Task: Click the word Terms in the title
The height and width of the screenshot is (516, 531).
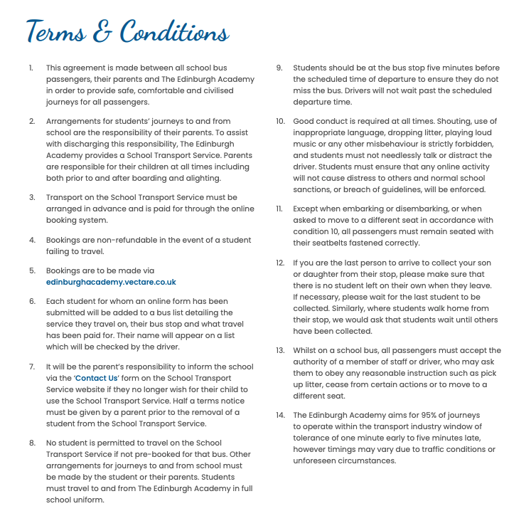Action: click(60, 32)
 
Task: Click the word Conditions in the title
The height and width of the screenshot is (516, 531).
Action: click(174, 32)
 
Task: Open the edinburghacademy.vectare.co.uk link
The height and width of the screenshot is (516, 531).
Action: click(111, 282)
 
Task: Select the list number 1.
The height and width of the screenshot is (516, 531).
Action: click(31, 68)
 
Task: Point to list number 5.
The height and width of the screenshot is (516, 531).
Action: click(31, 270)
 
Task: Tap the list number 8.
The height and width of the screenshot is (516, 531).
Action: click(31, 443)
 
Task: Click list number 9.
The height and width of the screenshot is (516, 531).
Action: click(279, 68)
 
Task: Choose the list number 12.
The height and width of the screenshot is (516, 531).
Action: click(280, 263)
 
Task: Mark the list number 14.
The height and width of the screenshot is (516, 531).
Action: click(280, 415)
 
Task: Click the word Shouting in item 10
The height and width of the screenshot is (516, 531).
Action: click(459, 122)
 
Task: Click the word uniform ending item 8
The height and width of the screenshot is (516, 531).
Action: click(90, 500)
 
